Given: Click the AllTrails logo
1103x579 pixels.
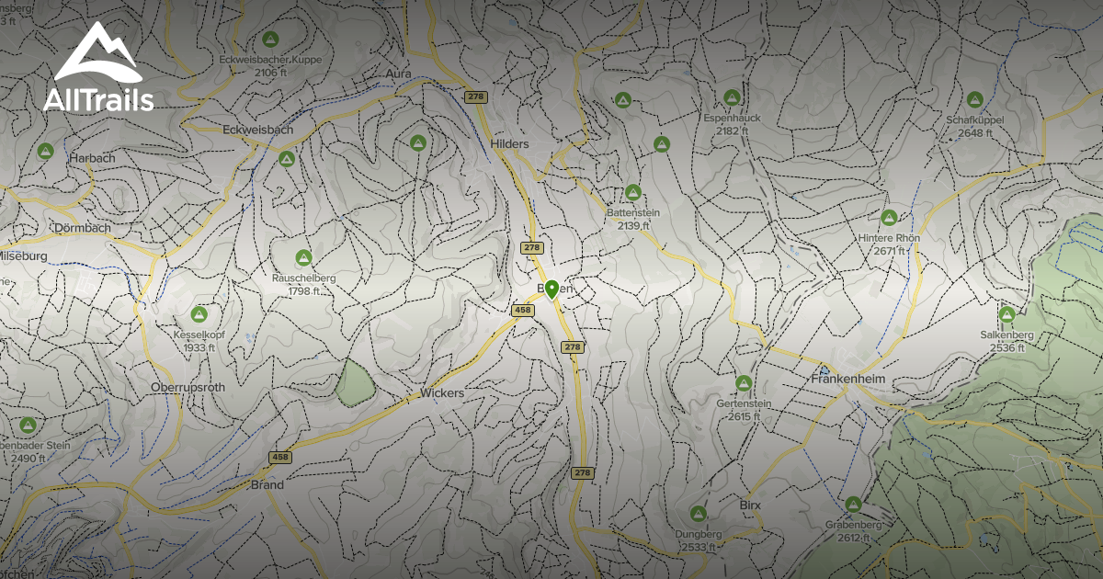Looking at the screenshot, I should [97, 68].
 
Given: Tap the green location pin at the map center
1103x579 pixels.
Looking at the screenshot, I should [551, 290].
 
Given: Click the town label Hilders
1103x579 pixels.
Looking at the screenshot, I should [510, 144].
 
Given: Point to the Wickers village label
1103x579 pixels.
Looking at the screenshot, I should [442, 392].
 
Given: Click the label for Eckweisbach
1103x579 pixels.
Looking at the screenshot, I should [258, 131].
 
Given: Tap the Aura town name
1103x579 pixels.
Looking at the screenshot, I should [398, 73].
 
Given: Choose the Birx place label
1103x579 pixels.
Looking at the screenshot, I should [750, 506].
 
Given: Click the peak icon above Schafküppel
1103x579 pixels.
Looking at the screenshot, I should [975, 99].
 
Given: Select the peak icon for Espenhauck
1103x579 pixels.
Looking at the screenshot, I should [732, 97].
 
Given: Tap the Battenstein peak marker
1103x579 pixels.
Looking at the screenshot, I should [632, 192].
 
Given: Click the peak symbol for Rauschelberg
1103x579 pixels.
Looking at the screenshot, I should [303, 257].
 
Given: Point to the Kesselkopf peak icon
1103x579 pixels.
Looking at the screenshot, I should [199, 314].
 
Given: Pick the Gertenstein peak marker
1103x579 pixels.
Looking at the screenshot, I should [744, 382].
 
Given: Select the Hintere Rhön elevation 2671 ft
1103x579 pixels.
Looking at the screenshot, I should [889, 251].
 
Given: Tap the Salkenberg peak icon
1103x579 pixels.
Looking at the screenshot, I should [1006, 314].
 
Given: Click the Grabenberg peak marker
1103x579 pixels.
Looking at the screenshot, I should [853, 505].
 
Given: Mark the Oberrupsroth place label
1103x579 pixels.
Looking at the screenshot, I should [188, 388].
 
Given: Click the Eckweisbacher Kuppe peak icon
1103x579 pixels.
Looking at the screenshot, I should [270, 40].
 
